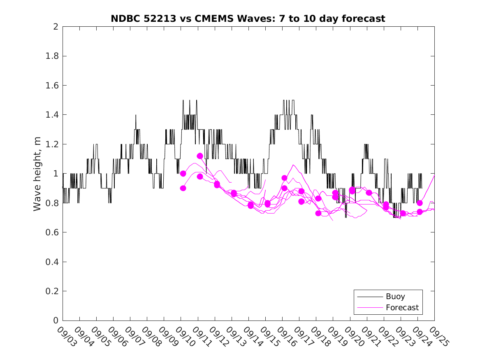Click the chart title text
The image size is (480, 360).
coord(248,19)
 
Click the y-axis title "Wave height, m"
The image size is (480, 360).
coord(37,173)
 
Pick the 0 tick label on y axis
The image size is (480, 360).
coord(55,321)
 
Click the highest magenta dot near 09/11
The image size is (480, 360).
coord(200,156)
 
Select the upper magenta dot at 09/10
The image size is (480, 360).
coord(183,173)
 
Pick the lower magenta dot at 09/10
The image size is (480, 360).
coord(183,188)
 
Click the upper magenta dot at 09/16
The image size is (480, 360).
coord(284,178)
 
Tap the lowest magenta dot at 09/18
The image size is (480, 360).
coord(318,213)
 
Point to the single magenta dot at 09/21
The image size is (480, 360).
coord(369,193)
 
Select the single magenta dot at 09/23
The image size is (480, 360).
coord(403,213)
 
